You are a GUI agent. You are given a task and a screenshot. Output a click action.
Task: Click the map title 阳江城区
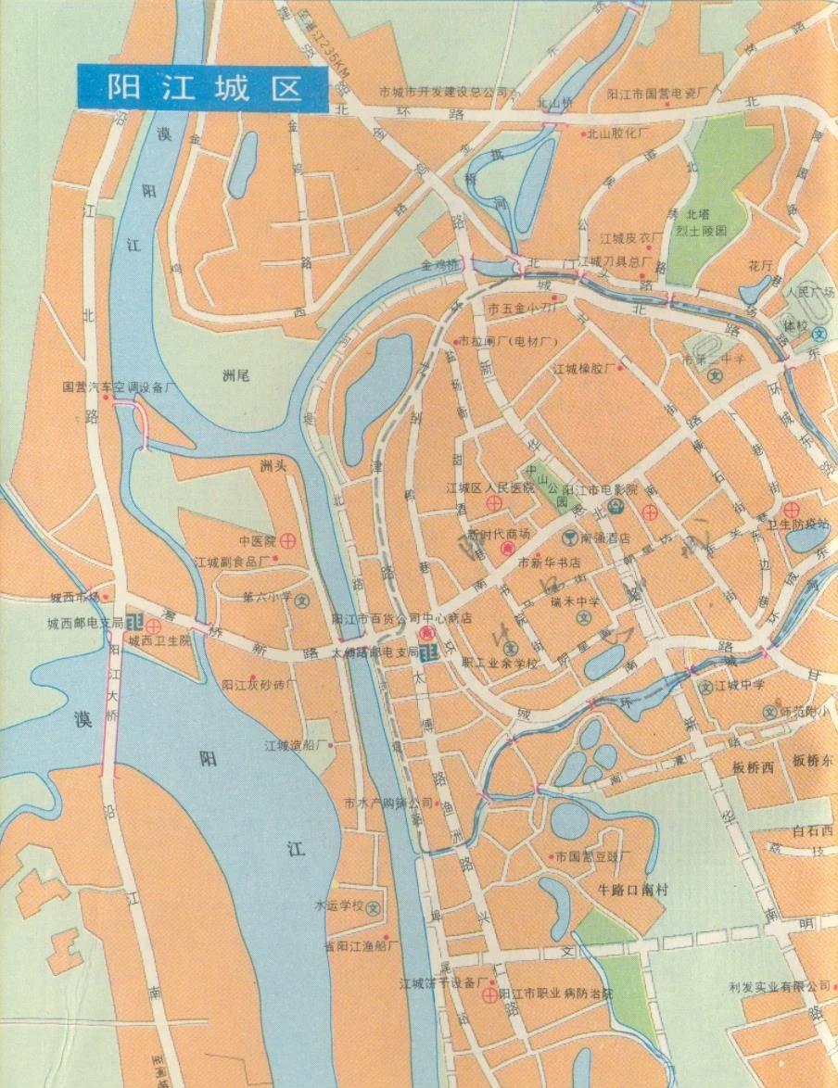click(x=202, y=88)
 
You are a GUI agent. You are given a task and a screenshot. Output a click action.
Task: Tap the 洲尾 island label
click(x=237, y=375)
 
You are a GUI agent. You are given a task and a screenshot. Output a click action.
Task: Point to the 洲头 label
click(x=274, y=465)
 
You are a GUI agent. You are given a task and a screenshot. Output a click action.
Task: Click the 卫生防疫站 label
click(x=796, y=524)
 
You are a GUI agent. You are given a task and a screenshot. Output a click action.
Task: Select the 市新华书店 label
click(x=549, y=563)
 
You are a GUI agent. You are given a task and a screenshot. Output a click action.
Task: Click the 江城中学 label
click(x=739, y=686)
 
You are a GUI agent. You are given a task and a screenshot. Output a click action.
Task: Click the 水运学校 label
click(x=337, y=905)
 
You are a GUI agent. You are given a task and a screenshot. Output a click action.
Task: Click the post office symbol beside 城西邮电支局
click(x=135, y=622)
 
